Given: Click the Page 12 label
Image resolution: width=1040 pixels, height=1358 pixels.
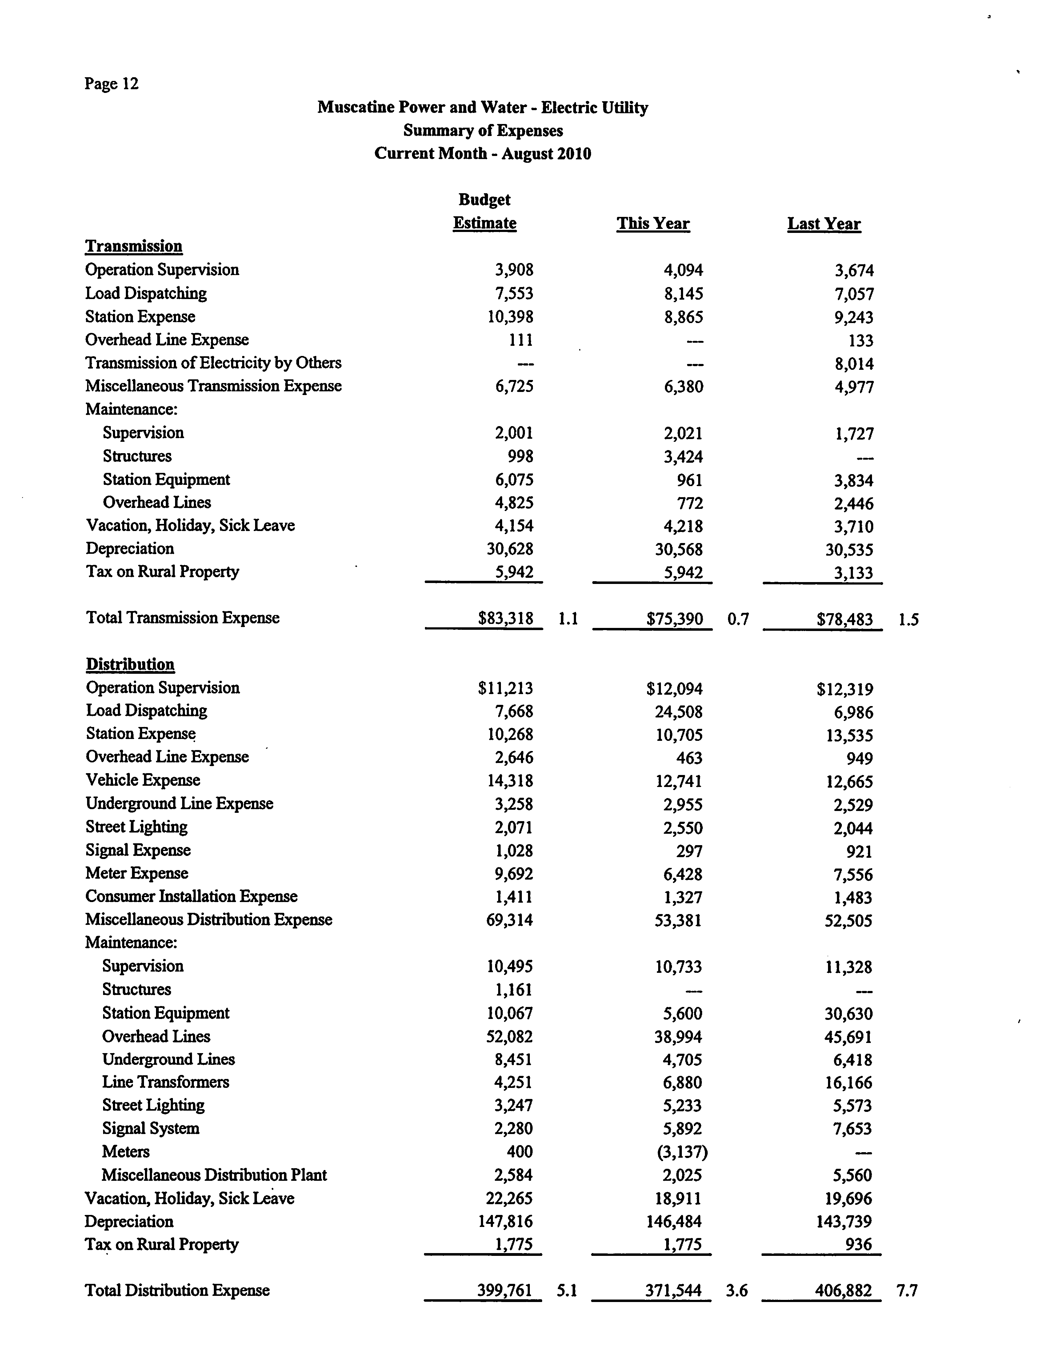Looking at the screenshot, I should pyautogui.click(x=111, y=84).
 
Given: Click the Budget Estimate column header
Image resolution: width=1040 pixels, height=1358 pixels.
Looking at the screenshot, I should pyautogui.click(x=485, y=212).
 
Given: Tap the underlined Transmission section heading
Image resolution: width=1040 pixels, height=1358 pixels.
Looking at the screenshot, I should pyautogui.click(x=134, y=246).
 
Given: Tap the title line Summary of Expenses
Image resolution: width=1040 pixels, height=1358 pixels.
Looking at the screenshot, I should pyautogui.click(x=483, y=131).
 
